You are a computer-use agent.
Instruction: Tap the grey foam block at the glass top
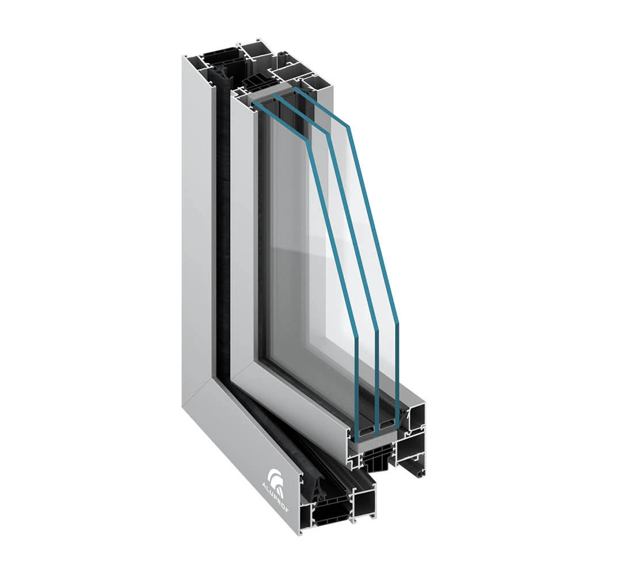point(271,93)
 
